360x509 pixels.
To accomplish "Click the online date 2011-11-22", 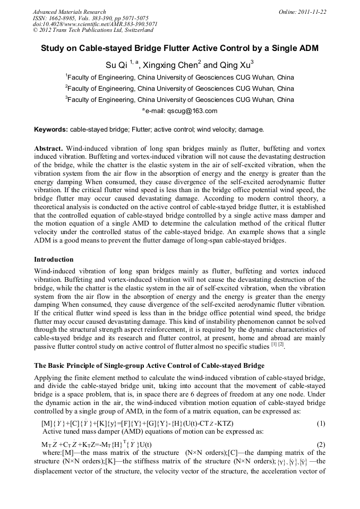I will point(313,12).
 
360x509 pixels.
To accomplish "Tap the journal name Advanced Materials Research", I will point(69,12).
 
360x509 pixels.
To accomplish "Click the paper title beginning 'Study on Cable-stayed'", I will point(179,48).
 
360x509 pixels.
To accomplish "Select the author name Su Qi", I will point(116,66).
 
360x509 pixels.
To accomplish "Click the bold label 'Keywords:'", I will point(50,129).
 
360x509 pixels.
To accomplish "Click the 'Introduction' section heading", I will point(54,260).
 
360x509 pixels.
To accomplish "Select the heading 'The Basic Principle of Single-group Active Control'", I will point(149,366).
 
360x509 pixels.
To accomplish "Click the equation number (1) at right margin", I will point(321,423).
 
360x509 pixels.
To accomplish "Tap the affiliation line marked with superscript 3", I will point(179,99).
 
